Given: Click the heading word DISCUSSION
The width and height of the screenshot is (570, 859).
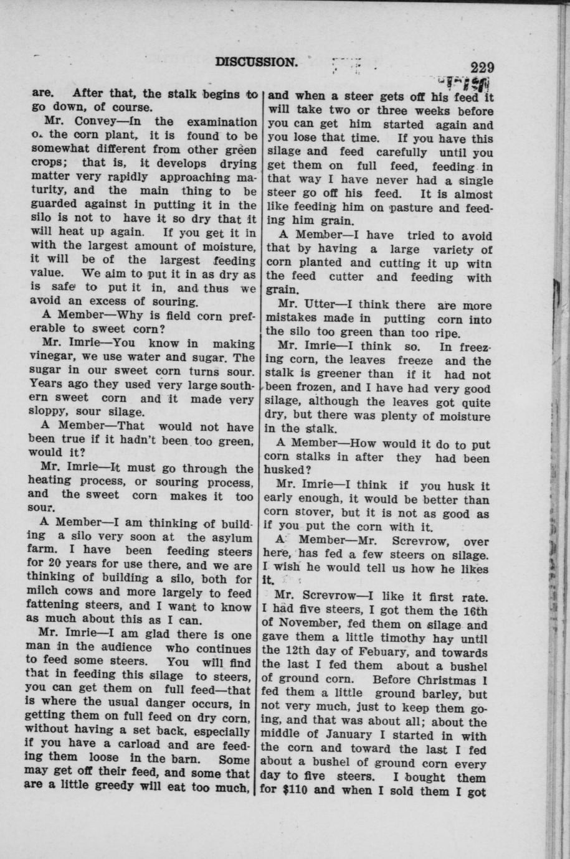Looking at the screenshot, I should (x=255, y=62).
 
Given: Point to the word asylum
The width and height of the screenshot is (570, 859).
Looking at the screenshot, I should (x=231, y=537).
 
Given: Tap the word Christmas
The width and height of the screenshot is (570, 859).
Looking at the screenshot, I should (x=445, y=680).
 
